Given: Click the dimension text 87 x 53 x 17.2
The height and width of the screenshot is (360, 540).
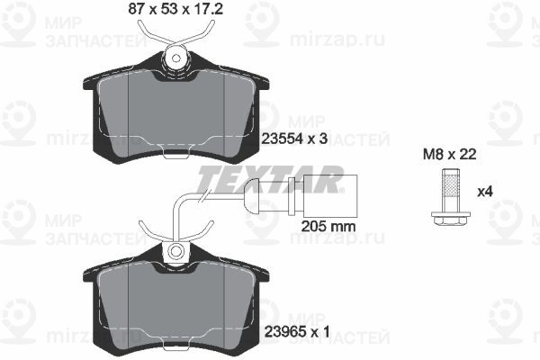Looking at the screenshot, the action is pos(175,9).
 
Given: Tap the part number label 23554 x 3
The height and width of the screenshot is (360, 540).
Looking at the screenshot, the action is pos(294,139).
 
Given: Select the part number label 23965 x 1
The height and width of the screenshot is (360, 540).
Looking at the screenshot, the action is pos(297,332).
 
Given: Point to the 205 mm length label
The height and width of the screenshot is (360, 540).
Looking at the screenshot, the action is pos(328,227).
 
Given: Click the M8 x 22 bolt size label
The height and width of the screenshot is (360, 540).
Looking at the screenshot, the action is pos(449,154).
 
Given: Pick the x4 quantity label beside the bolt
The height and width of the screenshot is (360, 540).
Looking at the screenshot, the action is pos(484,192).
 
